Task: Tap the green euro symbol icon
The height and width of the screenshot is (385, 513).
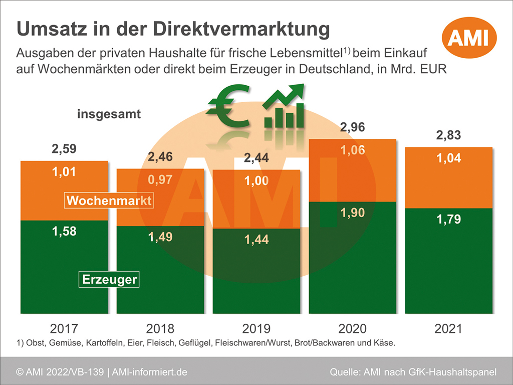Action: (x=229, y=106)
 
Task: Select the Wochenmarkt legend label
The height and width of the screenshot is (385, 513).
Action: (x=109, y=201)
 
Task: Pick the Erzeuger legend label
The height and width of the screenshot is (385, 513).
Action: (x=109, y=279)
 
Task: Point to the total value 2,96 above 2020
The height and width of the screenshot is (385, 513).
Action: (x=353, y=127)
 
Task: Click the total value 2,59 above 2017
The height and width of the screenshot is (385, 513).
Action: (x=64, y=149)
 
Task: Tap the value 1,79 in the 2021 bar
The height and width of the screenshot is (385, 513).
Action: (x=448, y=219)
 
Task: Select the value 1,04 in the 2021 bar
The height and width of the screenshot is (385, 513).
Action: (x=448, y=159)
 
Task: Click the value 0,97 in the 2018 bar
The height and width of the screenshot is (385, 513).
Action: (x=160, y=179)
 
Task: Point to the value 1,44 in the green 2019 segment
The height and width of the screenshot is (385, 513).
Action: (x=256, y=240)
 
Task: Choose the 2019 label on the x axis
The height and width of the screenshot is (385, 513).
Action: (x=256, y=329)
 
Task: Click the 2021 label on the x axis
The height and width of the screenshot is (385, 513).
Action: (x=448, y=329)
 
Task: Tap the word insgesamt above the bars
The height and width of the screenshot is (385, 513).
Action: (x=109, y=114)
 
